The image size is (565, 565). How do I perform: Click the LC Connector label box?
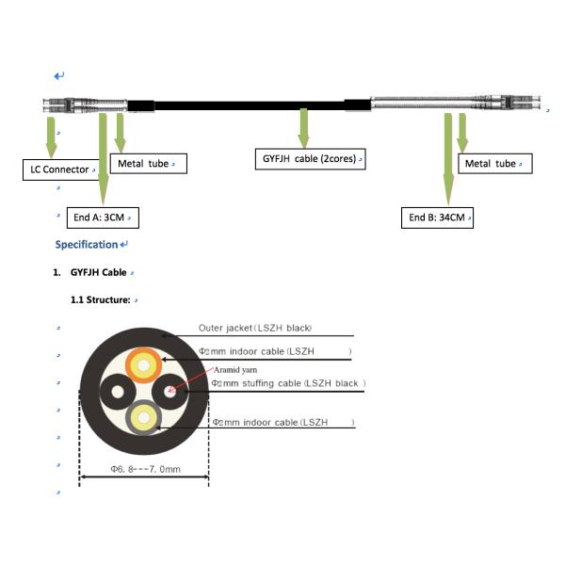60,169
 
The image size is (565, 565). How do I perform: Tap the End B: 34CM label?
437,218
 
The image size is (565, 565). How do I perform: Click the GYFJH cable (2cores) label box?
310,159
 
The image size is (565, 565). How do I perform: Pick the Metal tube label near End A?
149,164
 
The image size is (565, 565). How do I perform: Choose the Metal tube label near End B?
495,164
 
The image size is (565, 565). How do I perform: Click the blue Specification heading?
87,245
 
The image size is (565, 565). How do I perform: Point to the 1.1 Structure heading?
100,299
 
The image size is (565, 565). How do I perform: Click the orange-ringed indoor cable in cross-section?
143,365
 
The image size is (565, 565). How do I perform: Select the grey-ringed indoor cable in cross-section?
143,417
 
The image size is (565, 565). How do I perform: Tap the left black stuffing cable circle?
118,392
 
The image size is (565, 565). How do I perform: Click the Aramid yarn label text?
235,370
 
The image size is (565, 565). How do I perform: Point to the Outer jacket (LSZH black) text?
255,328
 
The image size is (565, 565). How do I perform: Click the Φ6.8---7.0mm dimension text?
146,469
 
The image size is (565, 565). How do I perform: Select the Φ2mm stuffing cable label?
288,383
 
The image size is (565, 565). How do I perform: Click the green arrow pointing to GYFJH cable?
304,128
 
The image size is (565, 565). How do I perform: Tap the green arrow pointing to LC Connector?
51,137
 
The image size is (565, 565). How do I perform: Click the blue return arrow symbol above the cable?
59,76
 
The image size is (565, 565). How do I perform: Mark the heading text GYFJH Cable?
98,272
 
